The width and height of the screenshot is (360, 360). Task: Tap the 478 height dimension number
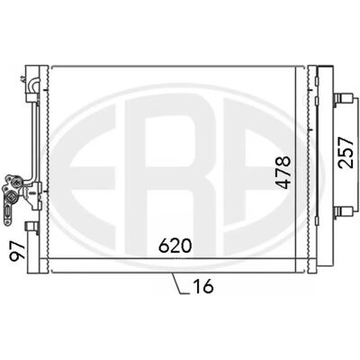pyautogui.click(x=283, y=172)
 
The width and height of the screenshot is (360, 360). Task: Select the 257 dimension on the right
pyautogui.click(x=345, y=152)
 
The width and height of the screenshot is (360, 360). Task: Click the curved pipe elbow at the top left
pyautogui.click(x=32, y=85)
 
